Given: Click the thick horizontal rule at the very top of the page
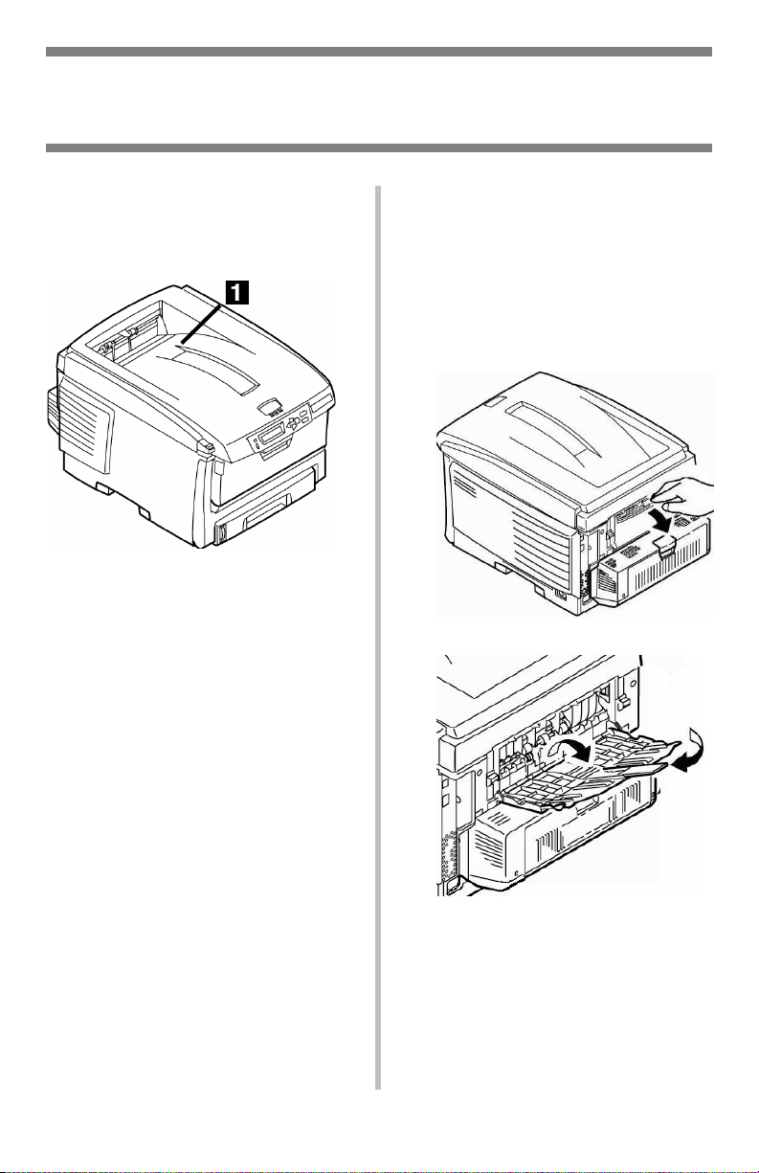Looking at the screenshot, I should (x=379, y=52).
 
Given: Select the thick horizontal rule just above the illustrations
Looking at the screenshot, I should (x=379, y=148).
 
